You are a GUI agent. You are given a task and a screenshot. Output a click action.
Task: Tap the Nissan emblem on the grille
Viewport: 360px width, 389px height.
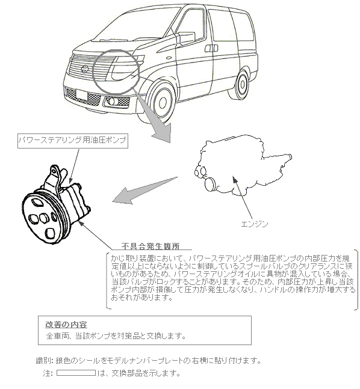point(84,69)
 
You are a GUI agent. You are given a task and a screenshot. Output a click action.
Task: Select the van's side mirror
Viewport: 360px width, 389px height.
point(186,38)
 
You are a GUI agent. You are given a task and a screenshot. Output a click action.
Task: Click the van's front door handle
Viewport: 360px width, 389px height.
point(211,48)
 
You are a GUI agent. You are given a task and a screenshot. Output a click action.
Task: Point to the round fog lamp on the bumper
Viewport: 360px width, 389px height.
point(111,101)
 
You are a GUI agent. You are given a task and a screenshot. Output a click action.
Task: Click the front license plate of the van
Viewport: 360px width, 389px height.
point(82,95)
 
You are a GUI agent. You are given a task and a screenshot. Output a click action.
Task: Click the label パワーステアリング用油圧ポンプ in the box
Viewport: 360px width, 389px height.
point(72,140)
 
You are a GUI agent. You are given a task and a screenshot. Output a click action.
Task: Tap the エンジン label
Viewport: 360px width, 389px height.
point(255,224)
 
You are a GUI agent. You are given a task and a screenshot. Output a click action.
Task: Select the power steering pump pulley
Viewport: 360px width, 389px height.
point(45,218)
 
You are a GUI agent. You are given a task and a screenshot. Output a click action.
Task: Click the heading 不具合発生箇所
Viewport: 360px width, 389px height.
point(151,246)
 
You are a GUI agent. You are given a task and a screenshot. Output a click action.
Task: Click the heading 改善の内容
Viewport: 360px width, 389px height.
point(66,325)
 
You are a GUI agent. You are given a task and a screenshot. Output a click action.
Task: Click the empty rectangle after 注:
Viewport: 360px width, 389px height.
point(76,373)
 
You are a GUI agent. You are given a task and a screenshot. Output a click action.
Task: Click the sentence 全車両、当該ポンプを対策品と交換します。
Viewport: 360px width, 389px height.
point(116,336)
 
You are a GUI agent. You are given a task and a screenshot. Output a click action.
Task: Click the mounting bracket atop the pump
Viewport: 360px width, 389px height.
point(55,178)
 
